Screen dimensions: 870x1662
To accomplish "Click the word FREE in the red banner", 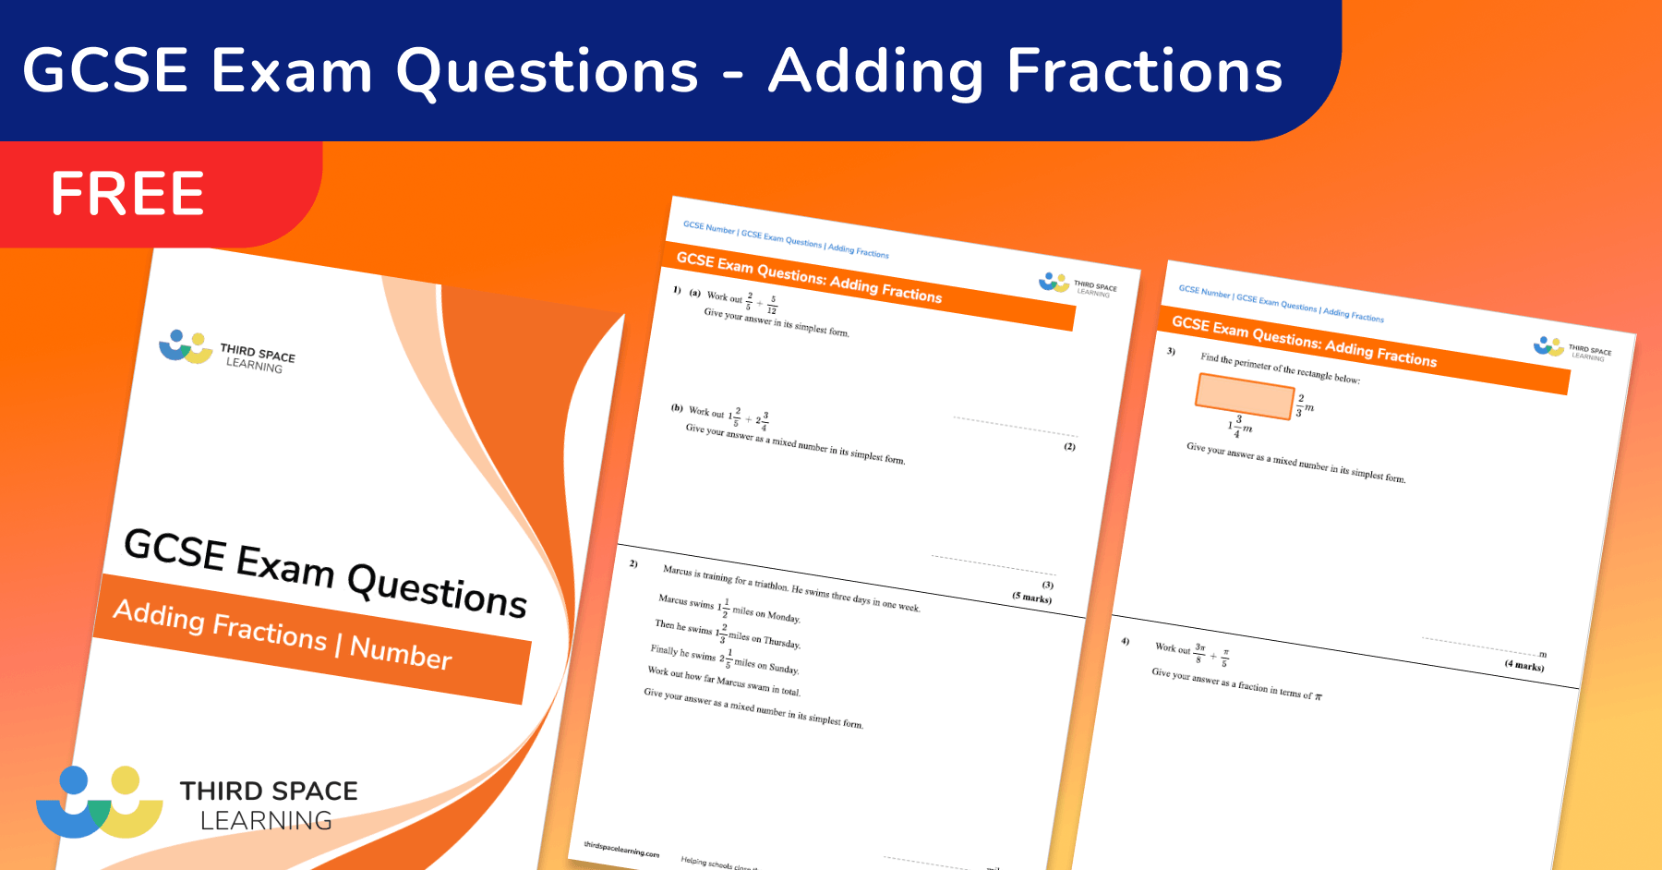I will [127, 194].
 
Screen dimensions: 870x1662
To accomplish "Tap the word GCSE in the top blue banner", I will [105, 71].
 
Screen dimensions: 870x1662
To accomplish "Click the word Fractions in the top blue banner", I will [1145, 71].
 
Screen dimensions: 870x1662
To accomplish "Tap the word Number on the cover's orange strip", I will [401, 652].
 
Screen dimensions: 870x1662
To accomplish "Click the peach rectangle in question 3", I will [1244, 396].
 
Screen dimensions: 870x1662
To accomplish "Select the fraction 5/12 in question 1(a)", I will [772, 305].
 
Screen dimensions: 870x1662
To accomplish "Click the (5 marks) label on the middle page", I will [1031, 598].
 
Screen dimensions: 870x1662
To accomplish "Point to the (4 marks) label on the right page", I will [1523, 665].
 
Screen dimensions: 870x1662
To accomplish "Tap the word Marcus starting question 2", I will [677, 570].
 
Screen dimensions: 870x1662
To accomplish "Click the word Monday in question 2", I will [783, 616].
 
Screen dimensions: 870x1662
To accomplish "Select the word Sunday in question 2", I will [783, 668].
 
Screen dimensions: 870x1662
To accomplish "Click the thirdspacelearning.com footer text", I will [621, 849].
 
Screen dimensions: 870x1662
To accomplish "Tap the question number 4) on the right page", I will [1125, 641].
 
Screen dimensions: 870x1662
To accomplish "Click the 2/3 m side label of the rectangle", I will [1304, 405].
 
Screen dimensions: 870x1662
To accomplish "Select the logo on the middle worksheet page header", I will [1054, 282].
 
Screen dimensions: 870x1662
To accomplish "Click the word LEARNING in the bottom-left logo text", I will [266, 820].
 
